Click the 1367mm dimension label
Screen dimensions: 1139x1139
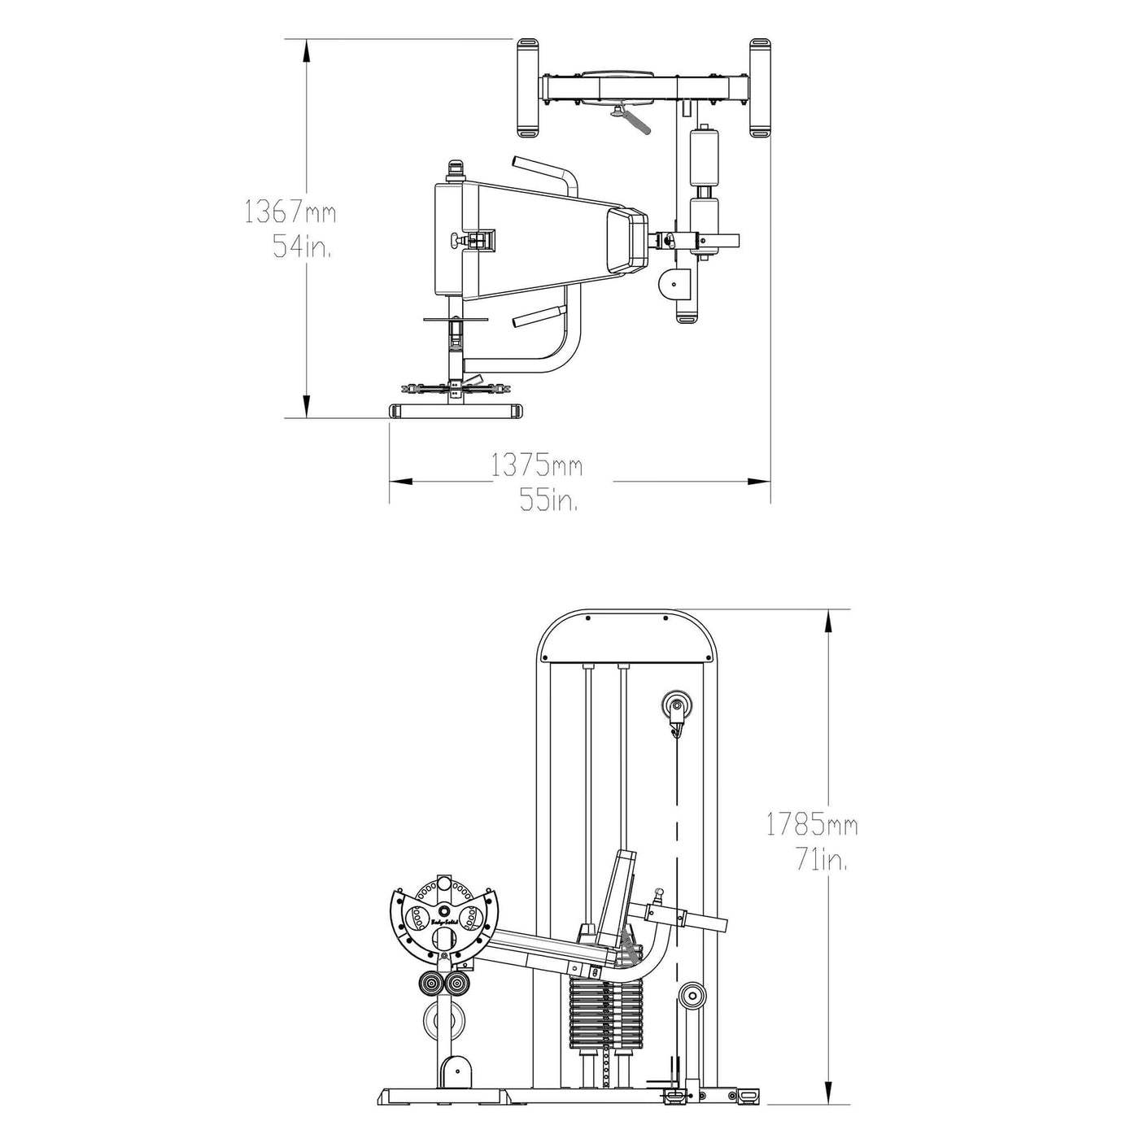pos(290,211)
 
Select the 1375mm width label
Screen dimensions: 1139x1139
pos(537,465)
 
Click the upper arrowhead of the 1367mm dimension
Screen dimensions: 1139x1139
pos(306,51)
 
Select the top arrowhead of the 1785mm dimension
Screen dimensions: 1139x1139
pos(828,622)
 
